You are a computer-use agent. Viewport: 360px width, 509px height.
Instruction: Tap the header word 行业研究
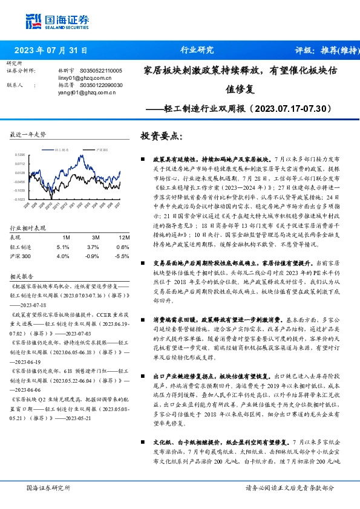197,51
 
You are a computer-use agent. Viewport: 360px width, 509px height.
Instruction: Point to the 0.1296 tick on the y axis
20,155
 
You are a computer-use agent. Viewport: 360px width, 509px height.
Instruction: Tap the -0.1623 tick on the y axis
19,199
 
